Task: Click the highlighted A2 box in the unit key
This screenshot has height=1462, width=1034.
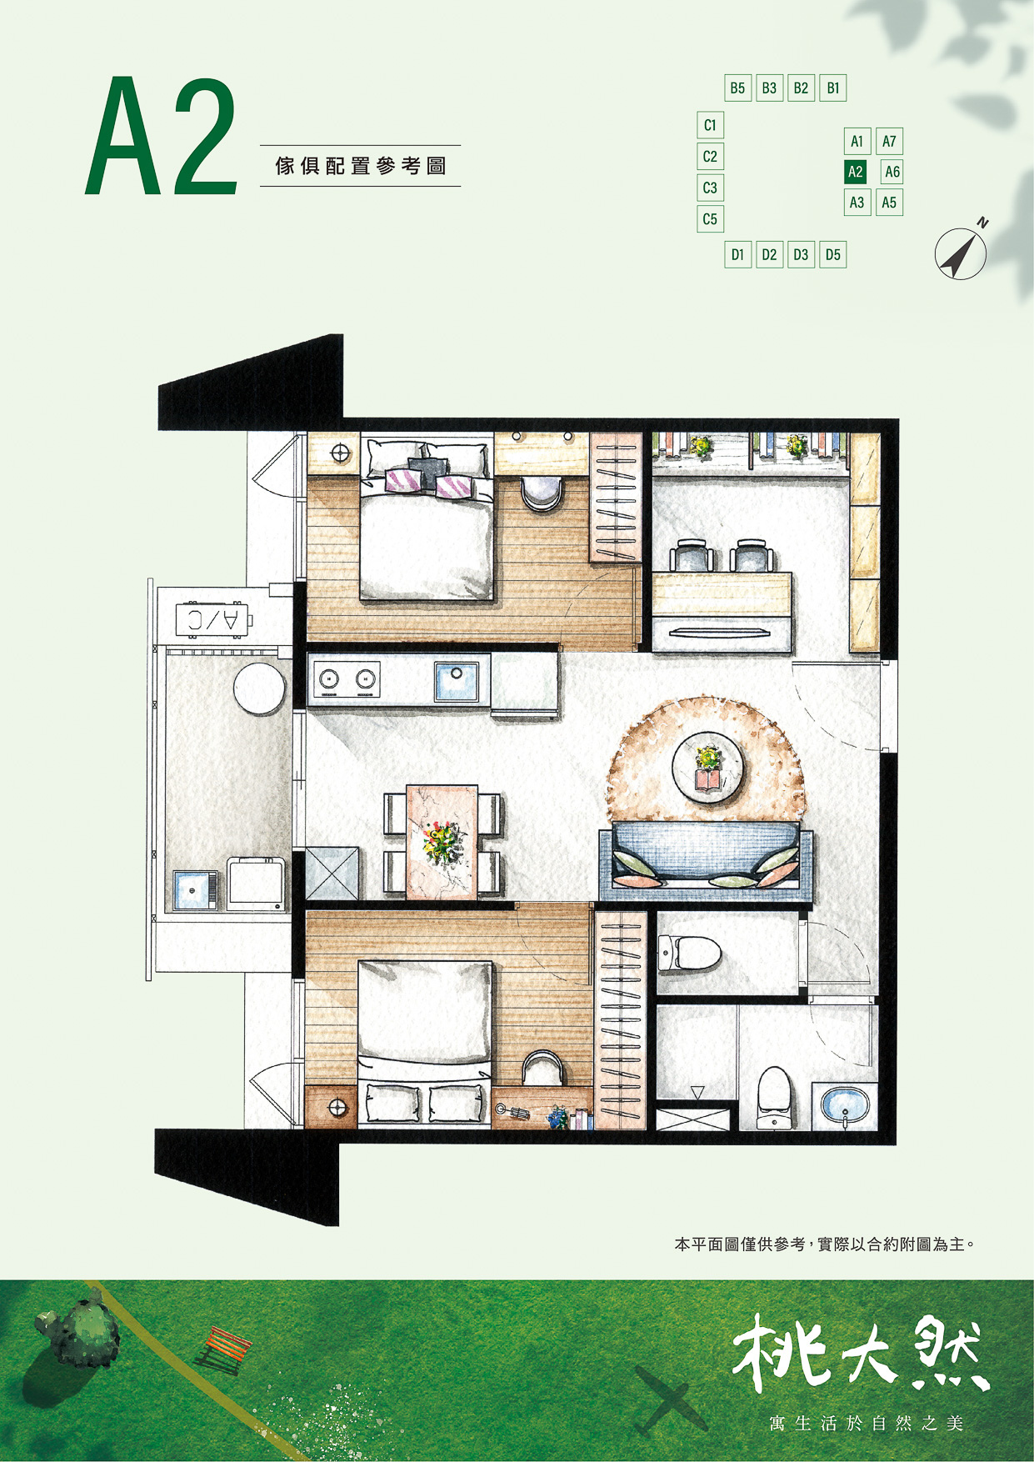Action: pyautogui.click(x=856, y=172)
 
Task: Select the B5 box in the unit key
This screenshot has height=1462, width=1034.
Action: pyautogui.click(x=737, y=88)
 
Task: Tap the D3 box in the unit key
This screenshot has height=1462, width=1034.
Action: pyautogui.click(x=801, y=254)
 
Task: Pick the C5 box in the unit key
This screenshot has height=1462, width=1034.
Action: pyautogui.click(x=710, y=218)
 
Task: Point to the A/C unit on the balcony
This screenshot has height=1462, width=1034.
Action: pyautogui.click(x=214, y=618)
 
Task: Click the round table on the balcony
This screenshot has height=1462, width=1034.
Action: pyautogui.click(x=260, y=688)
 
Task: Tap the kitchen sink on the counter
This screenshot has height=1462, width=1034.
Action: pyautogui.click(x=457, y=681)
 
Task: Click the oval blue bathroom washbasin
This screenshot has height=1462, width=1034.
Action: pyautogui.click(x=845, y=1105)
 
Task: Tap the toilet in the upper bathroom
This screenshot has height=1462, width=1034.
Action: pyautogui.click(x=689, y=953)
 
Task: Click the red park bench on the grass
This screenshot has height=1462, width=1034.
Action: pyautogui.click(x=223, y=1351)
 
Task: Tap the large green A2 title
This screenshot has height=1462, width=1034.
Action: pyautogui.click(x=162, y=137)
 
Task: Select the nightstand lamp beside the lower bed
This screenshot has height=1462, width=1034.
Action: pyautogui.click(x=338, y=1108)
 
